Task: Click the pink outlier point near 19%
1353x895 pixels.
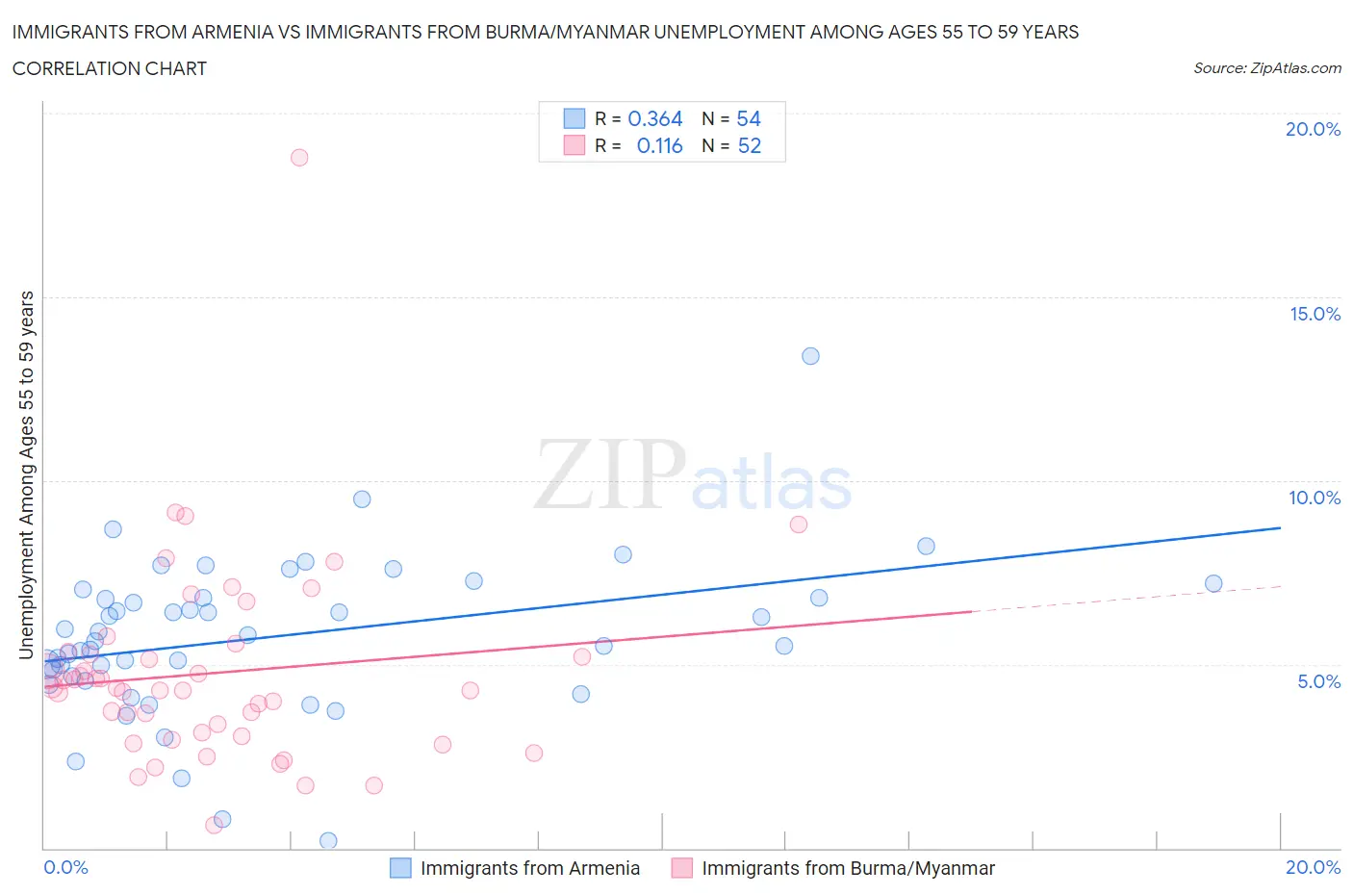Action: pos(299,157)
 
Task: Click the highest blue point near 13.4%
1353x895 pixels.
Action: pos(810,356)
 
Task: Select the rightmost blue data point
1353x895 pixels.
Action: pos(1213,583)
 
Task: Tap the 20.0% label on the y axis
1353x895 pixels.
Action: pos(1313,129)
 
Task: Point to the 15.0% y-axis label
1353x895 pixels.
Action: pos(1315,314)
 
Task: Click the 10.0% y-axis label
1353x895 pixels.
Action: pos(1315,498)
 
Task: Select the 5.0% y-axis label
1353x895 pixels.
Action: pos(1318,681)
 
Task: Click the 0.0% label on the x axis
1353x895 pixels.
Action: pos(65,867)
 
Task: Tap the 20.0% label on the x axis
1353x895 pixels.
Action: pos(1313,867)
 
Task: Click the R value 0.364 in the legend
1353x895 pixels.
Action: pos(654,118)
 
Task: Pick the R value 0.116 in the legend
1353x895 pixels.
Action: pos(659,145)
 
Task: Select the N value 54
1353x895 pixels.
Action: pos(749,118)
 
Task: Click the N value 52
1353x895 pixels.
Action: pos(749,145)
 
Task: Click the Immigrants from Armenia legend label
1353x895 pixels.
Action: pos(529,868)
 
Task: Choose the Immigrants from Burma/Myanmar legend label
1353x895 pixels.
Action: pos(848,868)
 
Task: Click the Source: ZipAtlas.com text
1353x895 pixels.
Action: pos(1266,67)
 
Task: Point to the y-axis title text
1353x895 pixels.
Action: pos(26,474)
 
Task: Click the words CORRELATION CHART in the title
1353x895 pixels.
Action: pos(109,68)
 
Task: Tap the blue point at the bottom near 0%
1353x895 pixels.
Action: pos(328,840)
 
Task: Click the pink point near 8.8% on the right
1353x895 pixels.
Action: pos(798,524)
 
